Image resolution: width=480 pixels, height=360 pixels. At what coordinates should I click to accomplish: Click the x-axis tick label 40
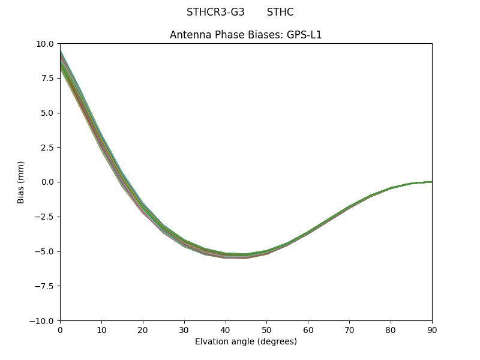pos(226,329)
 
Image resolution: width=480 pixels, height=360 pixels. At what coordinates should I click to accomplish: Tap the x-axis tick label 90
pos(432,329)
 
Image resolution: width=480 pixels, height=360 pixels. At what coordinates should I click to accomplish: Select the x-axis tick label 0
pos(60,329)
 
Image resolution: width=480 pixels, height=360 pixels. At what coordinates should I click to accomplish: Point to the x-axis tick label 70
pos(349,329)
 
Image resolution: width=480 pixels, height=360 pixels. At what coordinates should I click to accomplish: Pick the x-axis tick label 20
pos(143,329)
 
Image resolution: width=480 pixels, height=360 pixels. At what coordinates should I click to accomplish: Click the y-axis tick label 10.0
pos(46,44)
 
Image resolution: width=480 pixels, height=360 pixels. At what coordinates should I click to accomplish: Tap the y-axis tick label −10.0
pos(43,320)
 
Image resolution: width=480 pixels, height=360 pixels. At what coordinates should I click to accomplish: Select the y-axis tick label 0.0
pos(48,182)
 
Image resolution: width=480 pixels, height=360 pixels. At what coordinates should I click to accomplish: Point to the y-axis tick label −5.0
pos(46,251)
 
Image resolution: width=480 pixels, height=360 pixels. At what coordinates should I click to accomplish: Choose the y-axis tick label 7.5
pos(48,78)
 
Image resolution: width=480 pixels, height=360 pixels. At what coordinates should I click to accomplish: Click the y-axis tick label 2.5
pos(48,148)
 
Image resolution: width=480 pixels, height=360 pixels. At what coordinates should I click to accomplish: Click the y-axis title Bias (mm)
pos(21,182)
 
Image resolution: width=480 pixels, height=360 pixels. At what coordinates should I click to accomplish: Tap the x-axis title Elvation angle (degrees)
pos(246,341)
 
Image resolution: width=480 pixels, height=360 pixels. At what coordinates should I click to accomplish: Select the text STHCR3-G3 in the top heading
pos(215,12)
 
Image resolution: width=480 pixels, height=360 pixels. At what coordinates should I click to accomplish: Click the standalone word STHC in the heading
pos(280,12)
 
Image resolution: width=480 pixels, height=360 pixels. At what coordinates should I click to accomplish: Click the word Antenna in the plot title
pos(189,35)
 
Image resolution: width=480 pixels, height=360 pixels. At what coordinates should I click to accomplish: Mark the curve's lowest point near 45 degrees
pos(246,256)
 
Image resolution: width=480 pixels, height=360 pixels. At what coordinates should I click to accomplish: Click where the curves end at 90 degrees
pos(431,181)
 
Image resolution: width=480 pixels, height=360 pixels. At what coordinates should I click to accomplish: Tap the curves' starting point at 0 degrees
pos(61,60)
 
